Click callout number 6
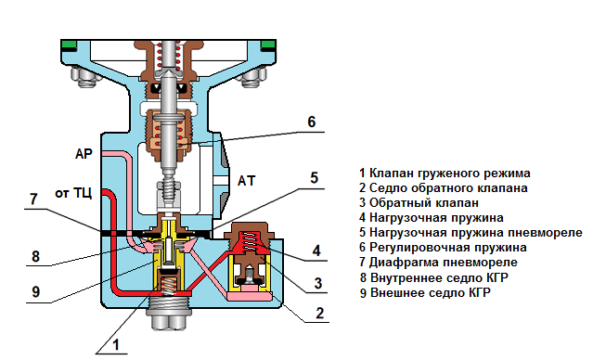pos(311,122)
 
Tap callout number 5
pos(315,178)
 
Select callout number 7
pos(33,199)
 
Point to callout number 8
pos(35,256)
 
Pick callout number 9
pos(35,291)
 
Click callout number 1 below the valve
pos(116,344)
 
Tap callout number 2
pos(319,313)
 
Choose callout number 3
pos(318,283)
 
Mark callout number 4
pos(316,251)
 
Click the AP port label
pos(84,154)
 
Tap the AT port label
pos(246,181)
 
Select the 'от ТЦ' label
pos(73,193)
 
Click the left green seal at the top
pos(70,45)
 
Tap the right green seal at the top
pos(268,45)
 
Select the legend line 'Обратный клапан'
pos(419,202)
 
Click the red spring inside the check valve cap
pos(249,241)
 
